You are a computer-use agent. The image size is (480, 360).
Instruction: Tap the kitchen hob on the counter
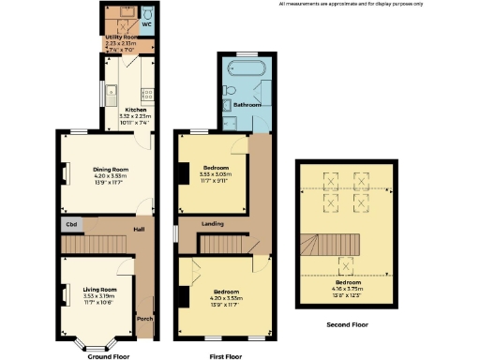pos(147,93)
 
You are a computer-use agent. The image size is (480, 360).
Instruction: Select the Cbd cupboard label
pos(71,225)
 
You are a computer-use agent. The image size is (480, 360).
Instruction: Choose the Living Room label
pos(100,290)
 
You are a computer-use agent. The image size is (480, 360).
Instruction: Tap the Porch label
pos(144,318)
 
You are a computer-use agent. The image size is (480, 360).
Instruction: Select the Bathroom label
pos(247,104)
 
